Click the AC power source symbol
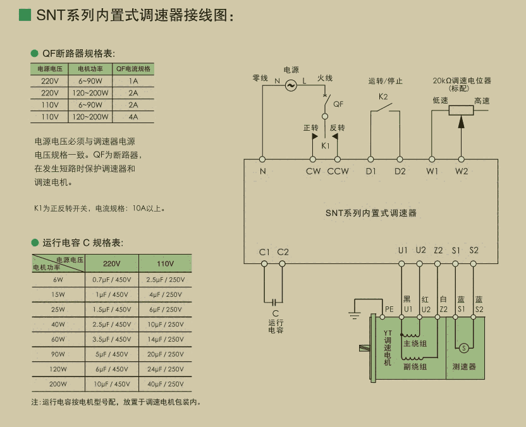291,85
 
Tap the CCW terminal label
338,171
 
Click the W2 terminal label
462,171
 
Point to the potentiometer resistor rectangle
461,110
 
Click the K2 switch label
383,97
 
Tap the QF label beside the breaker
338,104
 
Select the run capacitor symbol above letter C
274,302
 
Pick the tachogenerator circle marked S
463,348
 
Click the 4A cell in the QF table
133,117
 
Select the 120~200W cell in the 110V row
90,117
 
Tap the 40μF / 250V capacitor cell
165,384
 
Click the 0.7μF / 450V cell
111,279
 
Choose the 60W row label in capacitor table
58,339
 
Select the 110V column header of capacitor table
165,263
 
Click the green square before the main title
25,15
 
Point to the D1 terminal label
370,171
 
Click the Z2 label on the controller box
438,250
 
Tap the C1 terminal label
264,252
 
